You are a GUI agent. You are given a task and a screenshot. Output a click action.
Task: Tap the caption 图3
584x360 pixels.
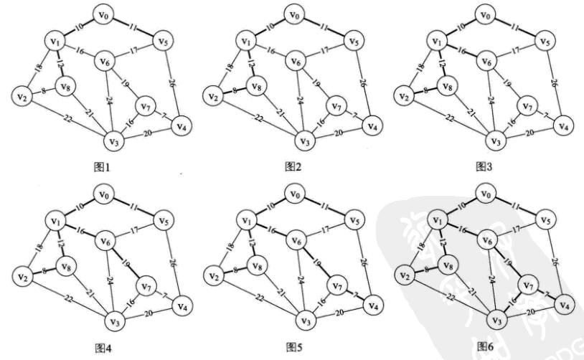pyautogui.click(x=487, y=166)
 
